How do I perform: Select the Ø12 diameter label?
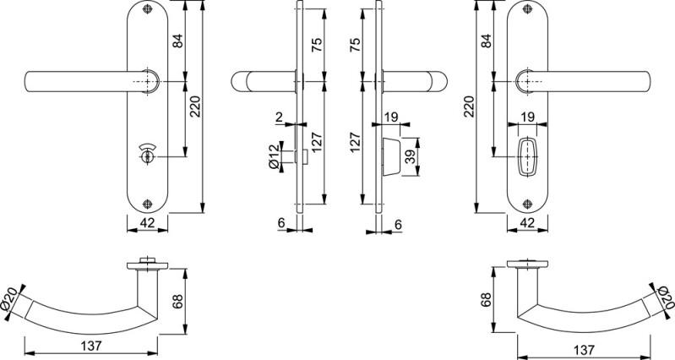[x=275, y=157]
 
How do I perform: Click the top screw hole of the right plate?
[x=527, y=13]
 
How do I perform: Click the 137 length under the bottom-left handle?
[x=93, y=346]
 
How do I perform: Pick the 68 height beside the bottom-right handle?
[x=486, y=300]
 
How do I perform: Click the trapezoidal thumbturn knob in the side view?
[x=389, y=155]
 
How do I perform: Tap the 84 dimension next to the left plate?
[x=178, y=40]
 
